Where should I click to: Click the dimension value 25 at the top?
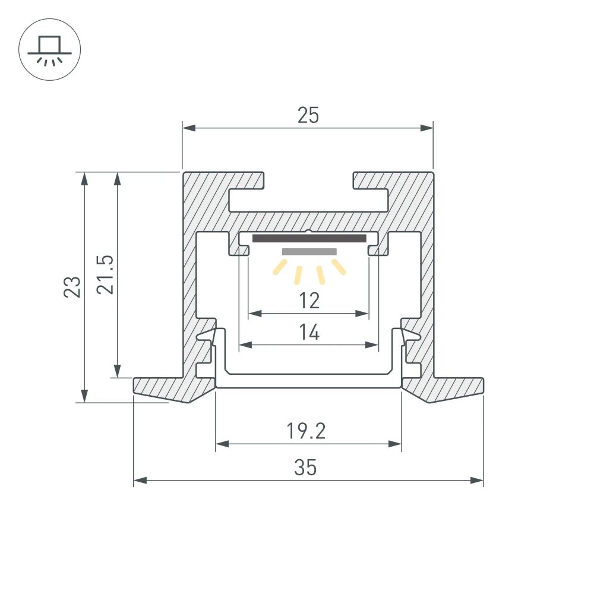[x=308, y=115]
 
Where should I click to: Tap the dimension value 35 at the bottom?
[x=306, y=467]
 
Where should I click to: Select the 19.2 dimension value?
[x=306, y=431]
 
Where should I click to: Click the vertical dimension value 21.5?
[x=106, y=274]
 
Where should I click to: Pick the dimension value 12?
[x=309, y=301]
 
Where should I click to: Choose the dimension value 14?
[x=309, y=333]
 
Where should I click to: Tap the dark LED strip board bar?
[x=309, y=238]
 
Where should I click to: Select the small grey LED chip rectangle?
[x=309, y=251]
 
